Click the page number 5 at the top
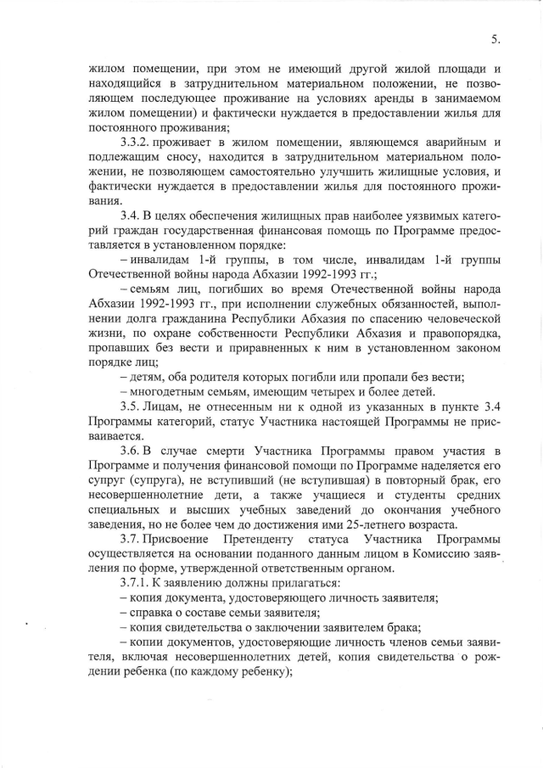click(495, 38)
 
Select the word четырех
click(334, 392)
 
